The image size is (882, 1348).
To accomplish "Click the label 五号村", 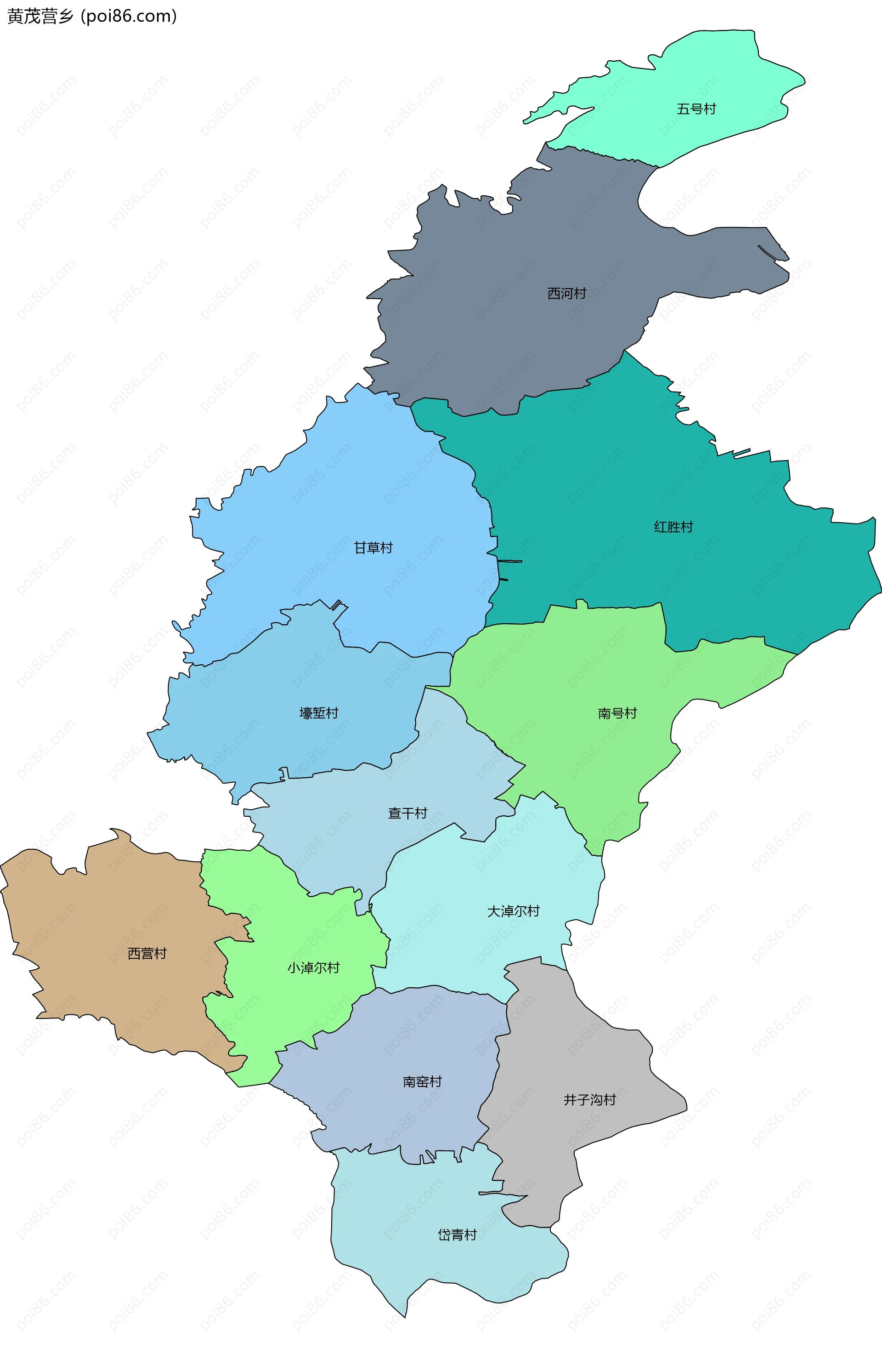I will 696,109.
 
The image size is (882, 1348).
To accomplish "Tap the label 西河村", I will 567,293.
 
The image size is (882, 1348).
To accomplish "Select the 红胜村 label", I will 673,527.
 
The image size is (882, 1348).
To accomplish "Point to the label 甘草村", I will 373,548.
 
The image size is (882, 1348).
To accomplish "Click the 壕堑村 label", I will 319,713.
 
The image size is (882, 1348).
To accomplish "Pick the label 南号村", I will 617,713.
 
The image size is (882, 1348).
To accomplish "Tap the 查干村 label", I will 407,813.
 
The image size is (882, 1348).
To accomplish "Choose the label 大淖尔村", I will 514,911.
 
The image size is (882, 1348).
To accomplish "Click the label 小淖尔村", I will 314,968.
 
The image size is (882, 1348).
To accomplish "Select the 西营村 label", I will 147,954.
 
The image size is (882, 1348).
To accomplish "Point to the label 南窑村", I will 422,1082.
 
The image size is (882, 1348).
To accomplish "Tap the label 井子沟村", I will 590,1100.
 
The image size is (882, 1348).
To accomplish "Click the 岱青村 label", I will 458,1235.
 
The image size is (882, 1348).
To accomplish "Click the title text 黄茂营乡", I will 40,17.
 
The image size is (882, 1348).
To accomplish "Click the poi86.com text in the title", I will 129,17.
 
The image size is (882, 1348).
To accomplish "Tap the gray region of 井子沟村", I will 566,1048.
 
